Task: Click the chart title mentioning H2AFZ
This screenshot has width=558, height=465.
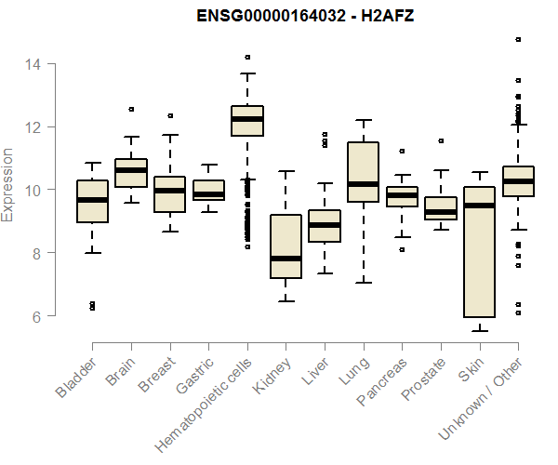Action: pos(304,16)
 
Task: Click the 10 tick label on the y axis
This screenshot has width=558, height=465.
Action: pos(32,190)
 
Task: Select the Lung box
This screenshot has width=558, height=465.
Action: pos(363,172)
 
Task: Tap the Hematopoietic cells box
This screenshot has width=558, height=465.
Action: pos(247,121)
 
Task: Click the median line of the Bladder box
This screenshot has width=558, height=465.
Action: pos(92,200)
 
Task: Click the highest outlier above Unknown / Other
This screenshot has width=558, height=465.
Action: pos(518,40)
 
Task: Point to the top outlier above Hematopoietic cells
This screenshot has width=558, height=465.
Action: pos(247,58)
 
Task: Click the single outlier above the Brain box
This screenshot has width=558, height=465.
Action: pos(131,109)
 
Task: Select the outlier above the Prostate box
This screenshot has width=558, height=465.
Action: pos(441,141)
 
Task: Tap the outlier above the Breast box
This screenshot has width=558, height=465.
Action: pos(170,116)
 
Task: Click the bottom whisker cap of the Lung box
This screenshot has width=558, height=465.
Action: pos(363,282)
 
